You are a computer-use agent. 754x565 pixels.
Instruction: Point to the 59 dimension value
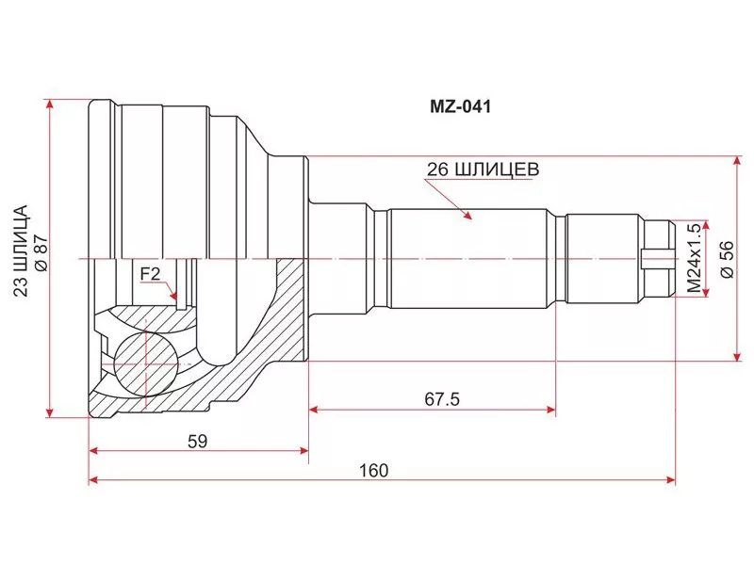tap(196, 440)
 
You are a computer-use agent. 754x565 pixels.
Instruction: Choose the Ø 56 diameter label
tap(725, 256)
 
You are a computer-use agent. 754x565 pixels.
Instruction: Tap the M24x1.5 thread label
tap(695, 256)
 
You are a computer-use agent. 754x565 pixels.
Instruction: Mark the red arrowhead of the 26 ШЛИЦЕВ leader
tap(467, 217)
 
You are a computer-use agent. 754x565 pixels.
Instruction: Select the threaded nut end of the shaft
tap(659, 256)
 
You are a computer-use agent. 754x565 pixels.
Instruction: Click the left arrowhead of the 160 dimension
tap(91, 481)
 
